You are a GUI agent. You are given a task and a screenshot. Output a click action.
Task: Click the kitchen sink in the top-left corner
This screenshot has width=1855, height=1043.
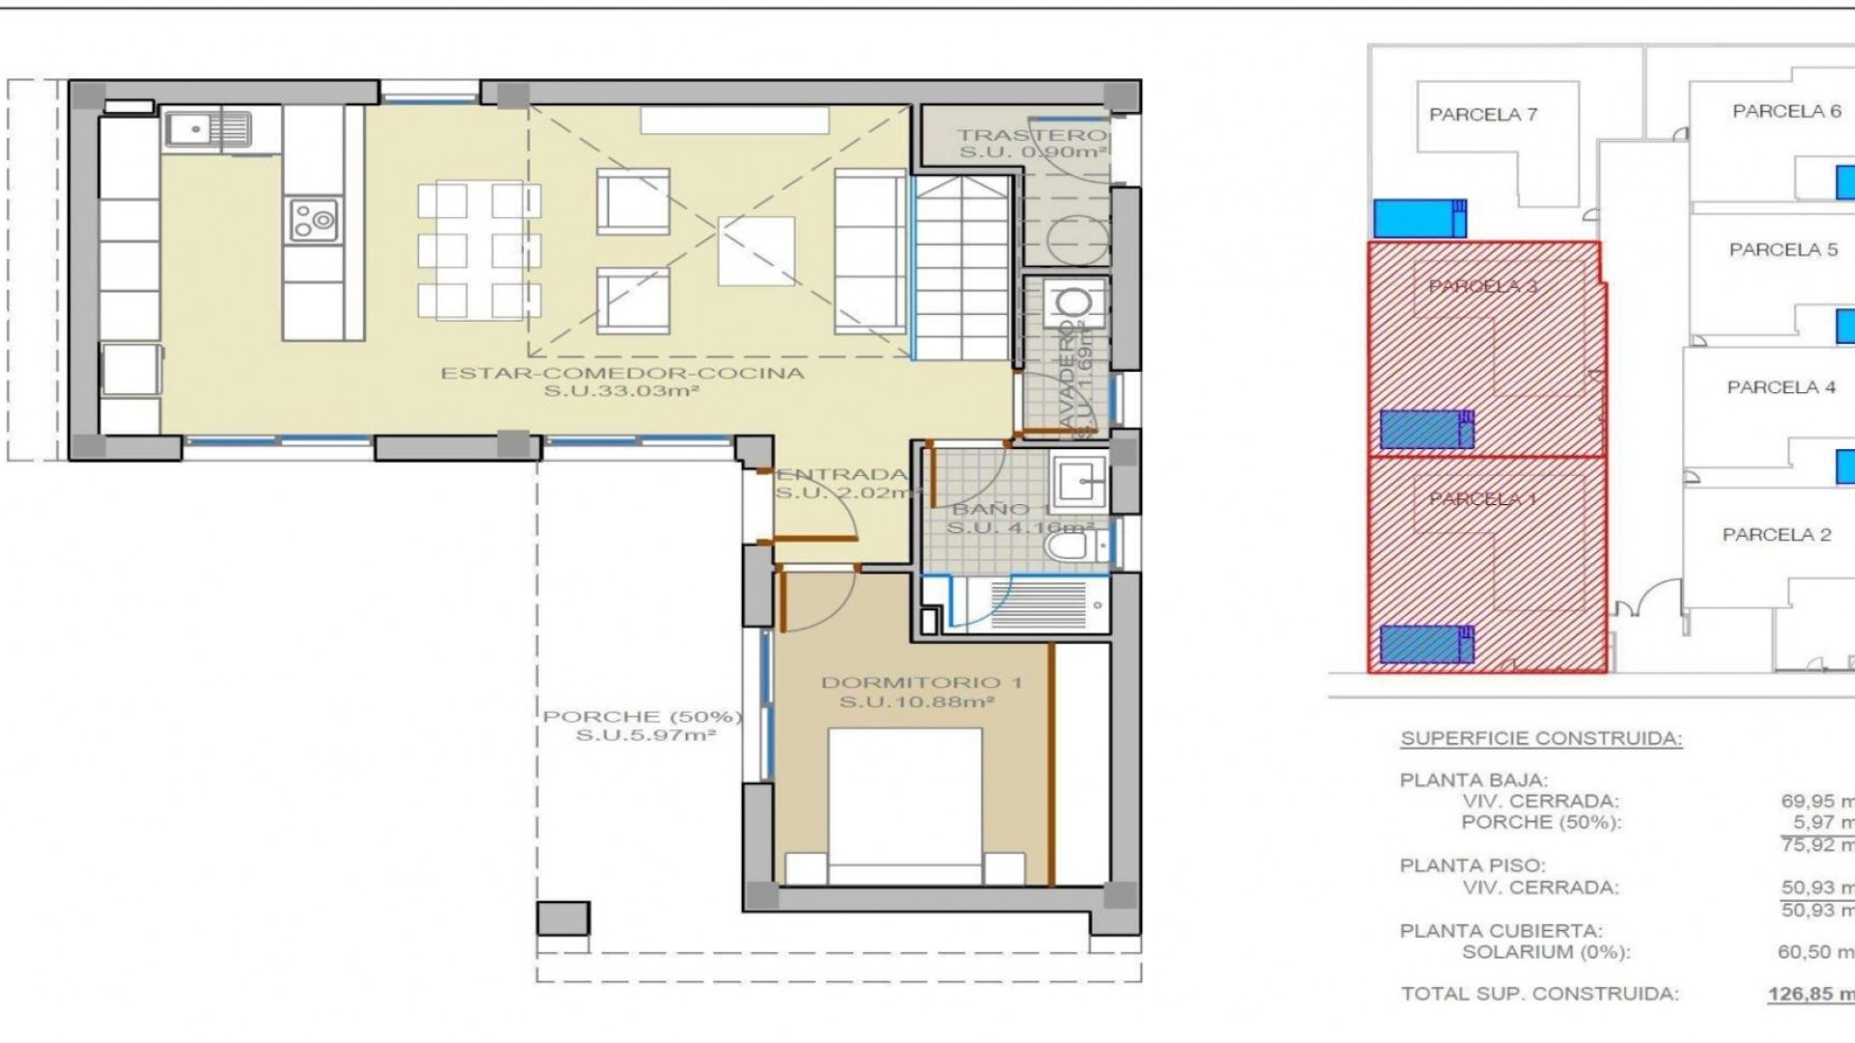(207, 129)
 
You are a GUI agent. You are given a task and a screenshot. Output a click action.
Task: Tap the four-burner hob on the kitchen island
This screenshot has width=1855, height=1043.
(313, 219)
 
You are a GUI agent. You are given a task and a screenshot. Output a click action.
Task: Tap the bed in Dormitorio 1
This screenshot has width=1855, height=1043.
(904, 806)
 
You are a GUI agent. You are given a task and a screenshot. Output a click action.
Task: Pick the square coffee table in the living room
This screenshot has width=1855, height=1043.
(756, 251)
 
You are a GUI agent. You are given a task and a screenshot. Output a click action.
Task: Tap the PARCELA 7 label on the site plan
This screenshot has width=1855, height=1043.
(1482, 115)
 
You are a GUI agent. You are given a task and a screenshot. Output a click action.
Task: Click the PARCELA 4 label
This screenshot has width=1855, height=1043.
(1781, 387)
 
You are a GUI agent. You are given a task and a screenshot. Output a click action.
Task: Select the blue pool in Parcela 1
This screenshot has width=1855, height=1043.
(1426, 644)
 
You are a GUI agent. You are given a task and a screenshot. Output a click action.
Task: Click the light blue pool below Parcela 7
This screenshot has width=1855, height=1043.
(1418, 218)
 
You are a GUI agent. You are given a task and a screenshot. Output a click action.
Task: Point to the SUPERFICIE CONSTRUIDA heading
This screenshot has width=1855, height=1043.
(1541, 739)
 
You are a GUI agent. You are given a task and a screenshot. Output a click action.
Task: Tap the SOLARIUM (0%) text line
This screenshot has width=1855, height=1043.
(1545, 952)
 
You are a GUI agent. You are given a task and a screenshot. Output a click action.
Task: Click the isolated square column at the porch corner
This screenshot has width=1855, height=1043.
(562, 917)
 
